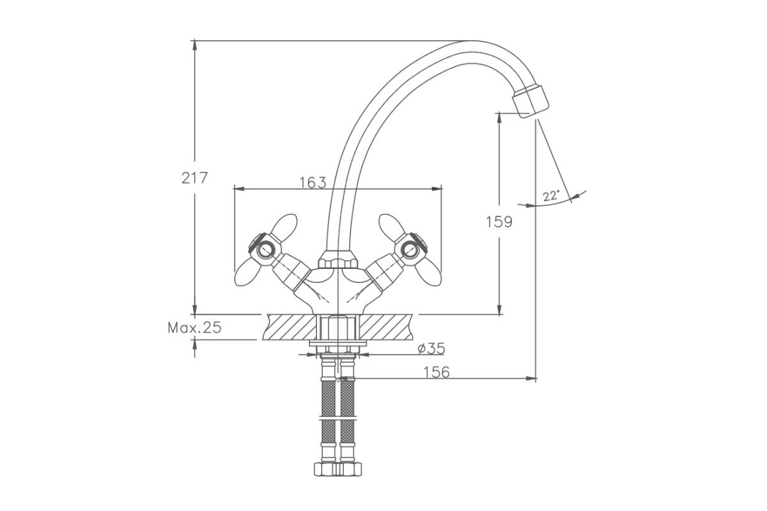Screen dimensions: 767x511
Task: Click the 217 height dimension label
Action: click(x=194, y=178)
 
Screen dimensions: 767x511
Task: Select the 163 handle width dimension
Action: click(x=313, y=183)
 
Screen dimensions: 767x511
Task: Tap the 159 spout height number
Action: click(x=499, y=222)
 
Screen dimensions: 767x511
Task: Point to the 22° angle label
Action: click(x=551, y=196)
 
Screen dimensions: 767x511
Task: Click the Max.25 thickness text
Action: click(x=194, y=328)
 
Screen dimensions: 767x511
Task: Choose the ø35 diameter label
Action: click(x=431, y=349)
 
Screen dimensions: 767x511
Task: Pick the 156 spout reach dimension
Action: click(x=437, y=372)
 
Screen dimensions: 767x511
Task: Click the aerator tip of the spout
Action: click(x=531, y=102)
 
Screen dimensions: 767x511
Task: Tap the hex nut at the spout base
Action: click(x=337, y=260)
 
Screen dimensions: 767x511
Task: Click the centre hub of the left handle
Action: click(x=265, y=250)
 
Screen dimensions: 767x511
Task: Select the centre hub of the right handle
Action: click(x=410, y=250)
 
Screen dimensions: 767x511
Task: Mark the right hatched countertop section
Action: click(x=386, y=327)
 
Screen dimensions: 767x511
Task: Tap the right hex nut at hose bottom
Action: click(x=350, y=469)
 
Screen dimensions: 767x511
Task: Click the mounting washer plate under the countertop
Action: click(x=337, y=343)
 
